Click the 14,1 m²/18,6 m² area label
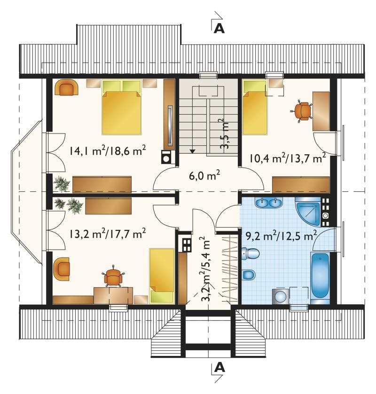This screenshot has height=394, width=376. (108, 151)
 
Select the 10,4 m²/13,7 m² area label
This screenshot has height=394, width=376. (288, 158)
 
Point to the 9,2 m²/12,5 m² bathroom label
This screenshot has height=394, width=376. (281, 236)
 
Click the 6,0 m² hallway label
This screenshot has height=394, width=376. (204, 176)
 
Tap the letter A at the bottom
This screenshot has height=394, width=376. (219, 368)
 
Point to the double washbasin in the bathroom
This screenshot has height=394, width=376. (269, 203)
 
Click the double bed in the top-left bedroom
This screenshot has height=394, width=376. (122, 107)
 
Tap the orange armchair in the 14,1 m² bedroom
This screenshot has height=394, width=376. (66, 87)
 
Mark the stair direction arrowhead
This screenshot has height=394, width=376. (192, 151)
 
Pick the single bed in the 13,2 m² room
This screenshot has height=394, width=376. (162, 276)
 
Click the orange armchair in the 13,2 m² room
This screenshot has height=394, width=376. (62, 269)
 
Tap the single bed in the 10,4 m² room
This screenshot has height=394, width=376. (254, 107)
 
